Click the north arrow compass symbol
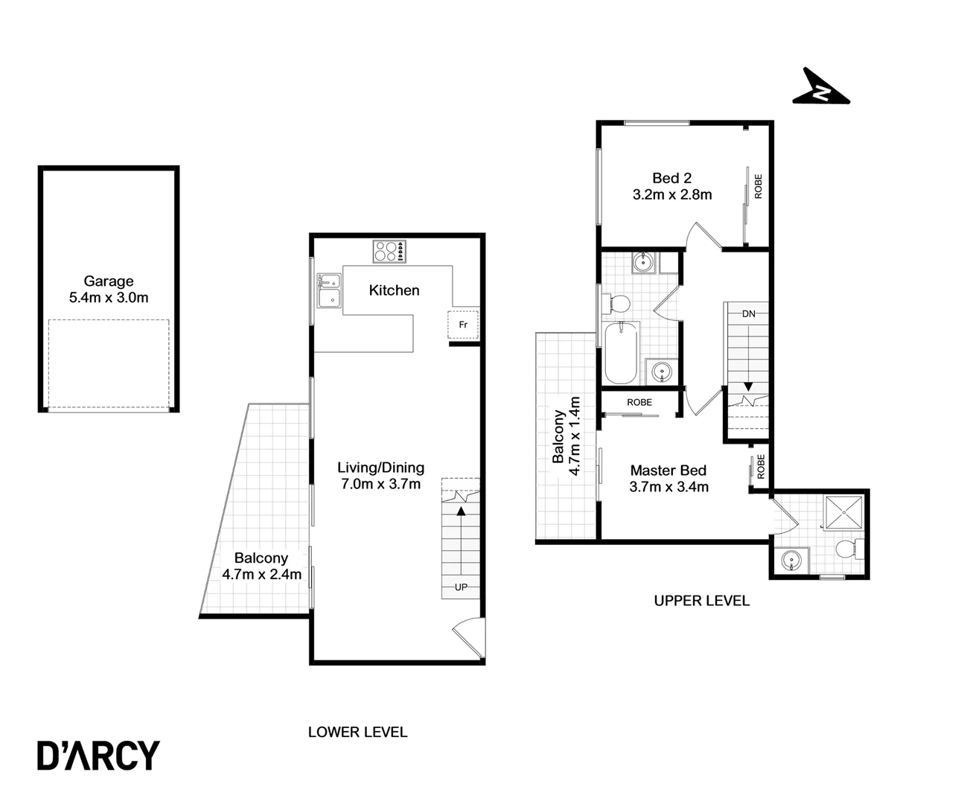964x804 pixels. click(x=820, y=89)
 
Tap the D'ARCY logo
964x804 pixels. click(x=98, y=755)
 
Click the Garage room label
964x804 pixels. click(x=109, y=281)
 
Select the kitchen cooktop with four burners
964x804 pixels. click(x=389, y=251)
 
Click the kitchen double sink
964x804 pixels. click(x=328, y=290)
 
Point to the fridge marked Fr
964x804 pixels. click(x=462, y=325)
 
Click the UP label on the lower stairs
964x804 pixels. click(x=461, y=587)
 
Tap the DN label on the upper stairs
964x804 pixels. click(x=748, y=314)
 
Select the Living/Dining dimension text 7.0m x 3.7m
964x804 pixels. click(x=380, y=484)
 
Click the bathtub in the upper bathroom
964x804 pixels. click(x=621, y=351)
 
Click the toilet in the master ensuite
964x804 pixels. click(x=847, y=550)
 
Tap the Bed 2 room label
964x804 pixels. click(x=671, y=178)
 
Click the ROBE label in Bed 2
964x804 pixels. click(x=759, y=185)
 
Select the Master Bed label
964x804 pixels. click(x=668, y=470)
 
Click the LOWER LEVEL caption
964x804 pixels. click(x=357, y=732)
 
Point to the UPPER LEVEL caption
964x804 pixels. click(x=701, y=600)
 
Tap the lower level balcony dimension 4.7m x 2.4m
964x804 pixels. click(x=261, y=574)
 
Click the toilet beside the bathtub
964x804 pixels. click(x=619, y=304)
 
